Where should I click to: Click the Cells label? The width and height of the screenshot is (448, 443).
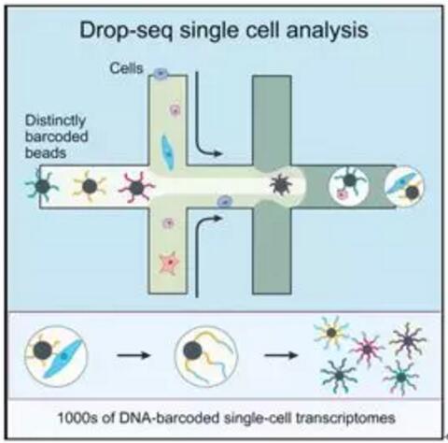126,68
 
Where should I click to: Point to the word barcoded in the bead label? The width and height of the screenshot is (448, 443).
56,136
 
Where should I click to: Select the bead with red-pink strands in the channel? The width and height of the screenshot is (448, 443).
136,188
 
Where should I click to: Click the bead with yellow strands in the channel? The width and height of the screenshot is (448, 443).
90,186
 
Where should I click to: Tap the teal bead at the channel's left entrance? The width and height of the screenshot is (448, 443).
42,186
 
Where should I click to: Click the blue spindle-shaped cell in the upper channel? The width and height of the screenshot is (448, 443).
168,152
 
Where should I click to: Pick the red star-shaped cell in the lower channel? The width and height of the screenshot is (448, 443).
169,264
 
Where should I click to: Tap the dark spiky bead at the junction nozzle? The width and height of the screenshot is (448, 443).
281,185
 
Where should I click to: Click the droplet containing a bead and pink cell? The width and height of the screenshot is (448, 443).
349,186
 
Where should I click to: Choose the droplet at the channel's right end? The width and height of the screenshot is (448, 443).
404,186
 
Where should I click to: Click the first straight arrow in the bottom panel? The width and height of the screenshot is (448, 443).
133,355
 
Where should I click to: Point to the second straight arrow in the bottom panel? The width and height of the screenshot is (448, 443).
281,355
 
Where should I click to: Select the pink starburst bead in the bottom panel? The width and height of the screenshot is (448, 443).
367,349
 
